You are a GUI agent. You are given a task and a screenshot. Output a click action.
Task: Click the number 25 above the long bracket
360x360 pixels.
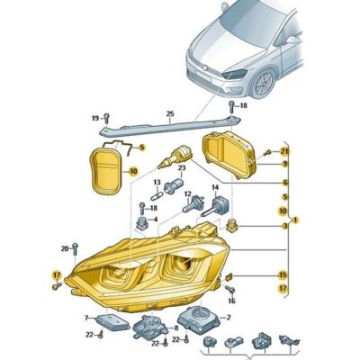(x=168, y=113)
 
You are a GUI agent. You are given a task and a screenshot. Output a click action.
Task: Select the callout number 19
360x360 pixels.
(x=94, y=119)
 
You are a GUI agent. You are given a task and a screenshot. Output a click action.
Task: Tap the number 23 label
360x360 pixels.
(x=181, y=168)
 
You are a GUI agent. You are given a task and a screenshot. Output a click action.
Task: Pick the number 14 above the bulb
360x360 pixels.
(x=215, y=188)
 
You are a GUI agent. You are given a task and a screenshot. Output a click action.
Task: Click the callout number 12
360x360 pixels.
(x=187, y=194)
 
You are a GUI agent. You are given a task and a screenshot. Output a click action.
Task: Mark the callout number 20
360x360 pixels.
(x=64, y=247)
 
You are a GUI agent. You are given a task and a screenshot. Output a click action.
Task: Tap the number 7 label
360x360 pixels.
(x=86, y=318)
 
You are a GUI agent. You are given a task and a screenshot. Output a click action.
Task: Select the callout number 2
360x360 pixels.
(x=229, y=317)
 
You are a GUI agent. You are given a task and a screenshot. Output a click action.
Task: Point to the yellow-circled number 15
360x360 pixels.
(x=283, y=274)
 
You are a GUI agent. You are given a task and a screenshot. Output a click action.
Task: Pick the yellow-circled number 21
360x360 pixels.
(x=284, y=149)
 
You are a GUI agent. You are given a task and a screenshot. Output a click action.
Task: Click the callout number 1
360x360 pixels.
(x=296, y=220)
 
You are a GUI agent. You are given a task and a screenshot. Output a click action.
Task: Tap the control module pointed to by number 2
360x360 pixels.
(x=198, y=317)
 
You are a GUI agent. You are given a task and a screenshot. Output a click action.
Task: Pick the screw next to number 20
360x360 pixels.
(x=76, y=247)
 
